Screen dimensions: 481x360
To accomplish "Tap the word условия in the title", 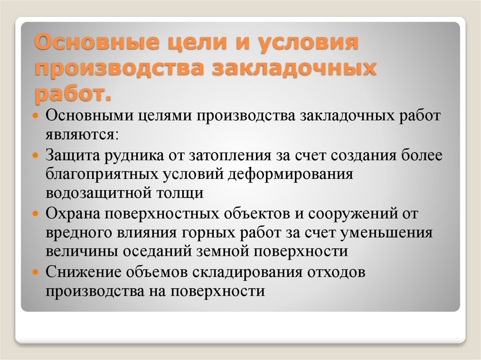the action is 308,43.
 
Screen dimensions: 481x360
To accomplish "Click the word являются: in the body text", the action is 82,135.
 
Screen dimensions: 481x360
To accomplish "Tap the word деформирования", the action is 291,175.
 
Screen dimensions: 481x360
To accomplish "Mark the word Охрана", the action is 73,214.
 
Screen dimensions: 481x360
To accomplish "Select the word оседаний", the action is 157,252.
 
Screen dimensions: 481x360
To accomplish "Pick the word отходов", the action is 336,272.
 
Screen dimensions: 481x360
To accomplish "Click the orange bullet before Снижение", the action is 36,272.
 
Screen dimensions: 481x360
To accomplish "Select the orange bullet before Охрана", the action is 36,214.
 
